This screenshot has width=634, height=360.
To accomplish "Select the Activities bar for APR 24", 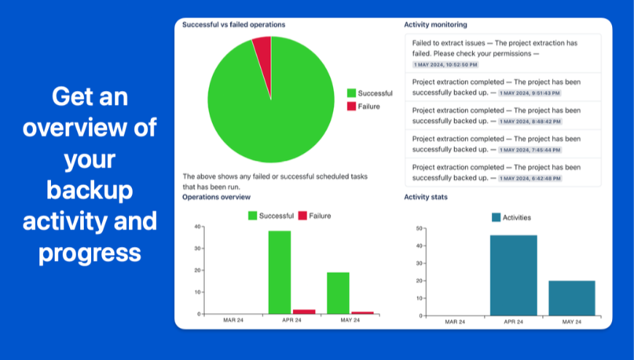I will coord(513,275).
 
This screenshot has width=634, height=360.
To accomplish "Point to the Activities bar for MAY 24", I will coord(571,298).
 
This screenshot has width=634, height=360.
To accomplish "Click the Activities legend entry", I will coord(511,217).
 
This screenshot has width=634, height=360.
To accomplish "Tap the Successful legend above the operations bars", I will coord(271,216).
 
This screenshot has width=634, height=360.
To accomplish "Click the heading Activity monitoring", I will coord(436,25).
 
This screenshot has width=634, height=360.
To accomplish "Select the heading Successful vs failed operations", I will coord(234,25).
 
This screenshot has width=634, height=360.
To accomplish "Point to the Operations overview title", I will coord(216,197).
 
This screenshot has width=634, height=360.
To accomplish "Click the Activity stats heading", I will coord(426,197).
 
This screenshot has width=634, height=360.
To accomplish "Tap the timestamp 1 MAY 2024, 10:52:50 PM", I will coord(445,65).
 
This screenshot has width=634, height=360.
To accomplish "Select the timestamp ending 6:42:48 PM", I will coord(530,178).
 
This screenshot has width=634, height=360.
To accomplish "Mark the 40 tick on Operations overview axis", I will coord(198,227).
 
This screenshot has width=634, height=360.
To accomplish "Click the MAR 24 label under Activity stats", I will coord(455,321).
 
